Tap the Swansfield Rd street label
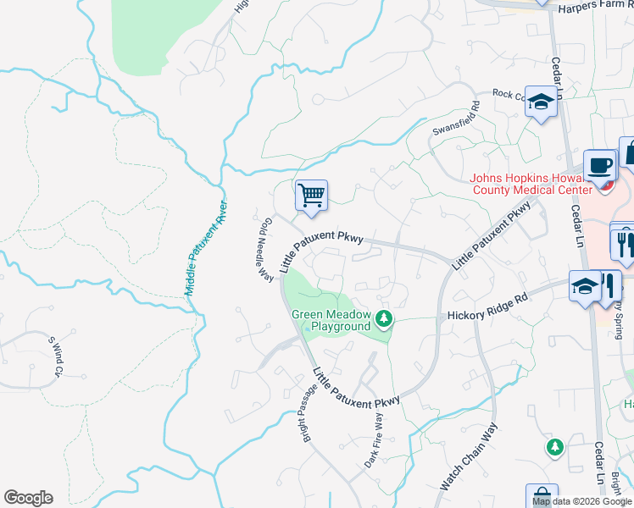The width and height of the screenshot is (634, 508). point(457,119)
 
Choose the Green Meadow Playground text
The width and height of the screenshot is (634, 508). point(331,319)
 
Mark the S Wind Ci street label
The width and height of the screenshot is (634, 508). point(55,356)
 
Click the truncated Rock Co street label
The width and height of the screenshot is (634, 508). point(509,95)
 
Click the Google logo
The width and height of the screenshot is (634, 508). point(28,498)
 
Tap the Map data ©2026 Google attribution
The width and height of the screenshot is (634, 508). point(582,501)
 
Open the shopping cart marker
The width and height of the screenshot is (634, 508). point(311,196)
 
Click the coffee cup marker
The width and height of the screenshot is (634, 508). point(600,165)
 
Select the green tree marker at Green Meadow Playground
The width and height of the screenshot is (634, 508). point(385,319)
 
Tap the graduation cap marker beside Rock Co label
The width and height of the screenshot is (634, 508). point(540,102)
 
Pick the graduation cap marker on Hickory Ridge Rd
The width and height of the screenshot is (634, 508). point(585,286)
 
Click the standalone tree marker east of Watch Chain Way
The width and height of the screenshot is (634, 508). point(554,445)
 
